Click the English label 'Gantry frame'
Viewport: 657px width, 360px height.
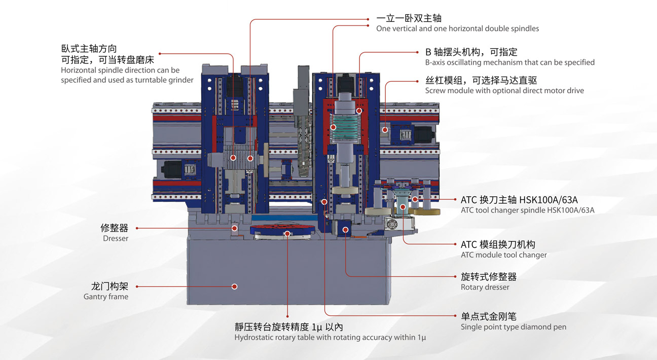click(106, 297)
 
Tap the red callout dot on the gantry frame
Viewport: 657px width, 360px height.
click(234, 286)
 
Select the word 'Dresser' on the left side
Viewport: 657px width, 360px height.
click(116, 238)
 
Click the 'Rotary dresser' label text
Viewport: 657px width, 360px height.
click(485, 287)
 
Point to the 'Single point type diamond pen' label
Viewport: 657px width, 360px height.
click(513, 327)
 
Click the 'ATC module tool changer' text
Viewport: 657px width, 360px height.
click(503, 255)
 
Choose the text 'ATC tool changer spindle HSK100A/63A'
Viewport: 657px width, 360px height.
click(527, 210)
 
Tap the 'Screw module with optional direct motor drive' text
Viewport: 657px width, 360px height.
click(504, 91)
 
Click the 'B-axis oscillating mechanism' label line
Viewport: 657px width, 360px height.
click(509, 62)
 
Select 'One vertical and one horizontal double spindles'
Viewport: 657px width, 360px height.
click(457, 28)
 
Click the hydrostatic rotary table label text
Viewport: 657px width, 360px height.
click(330, 338)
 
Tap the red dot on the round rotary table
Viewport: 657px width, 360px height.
click(287, 233)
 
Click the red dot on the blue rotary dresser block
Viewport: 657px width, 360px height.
click(345, 230)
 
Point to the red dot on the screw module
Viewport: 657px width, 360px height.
click(385, 129)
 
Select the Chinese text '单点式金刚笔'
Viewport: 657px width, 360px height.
click(488, 316)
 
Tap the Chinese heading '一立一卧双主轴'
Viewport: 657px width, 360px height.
click(409, 18)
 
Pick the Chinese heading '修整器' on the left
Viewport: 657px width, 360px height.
click(114, 228)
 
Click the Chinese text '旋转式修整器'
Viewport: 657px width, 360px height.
click(488, 276)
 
